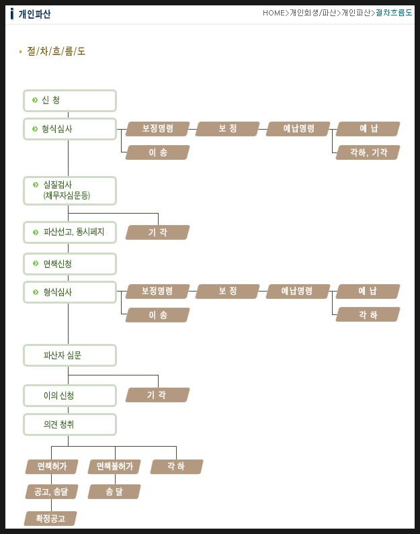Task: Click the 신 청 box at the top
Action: pyautogui.click(x=70, y=101)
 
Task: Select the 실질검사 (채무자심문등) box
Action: pyautogui.click(x=70, y=190)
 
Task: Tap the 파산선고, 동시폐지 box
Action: pyautogui.click(x=70, y=232)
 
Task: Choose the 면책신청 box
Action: pyautogui.click(x=70, y=264)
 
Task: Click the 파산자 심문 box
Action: pyautogui.click(x=70, y=355)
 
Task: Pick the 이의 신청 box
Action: pyautogui.click(x=70, y=396)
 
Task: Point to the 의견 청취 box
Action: pyautogui.click(x=70, y=425)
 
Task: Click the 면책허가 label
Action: pyautogui.click(x=52, y=466)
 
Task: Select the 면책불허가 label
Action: pyautogui.click(x=114, y=466)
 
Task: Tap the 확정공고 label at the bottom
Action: pyautogui.click(x=50, y=518)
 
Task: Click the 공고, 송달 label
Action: pyautogui.click(x=52, y=492)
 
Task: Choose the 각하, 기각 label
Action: pyautogui.click(x=368, y=152)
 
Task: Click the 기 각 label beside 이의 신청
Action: pyautogui.click(x=157, y=395)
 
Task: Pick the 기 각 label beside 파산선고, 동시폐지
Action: pyautogui.click(x=157, y=232)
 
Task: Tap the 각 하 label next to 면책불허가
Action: pyautogui.click(x=177, y=466)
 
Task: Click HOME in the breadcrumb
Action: pyautogui.click(x=274, y=13)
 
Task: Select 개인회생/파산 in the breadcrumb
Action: pyautogui.click(x=314, y=13)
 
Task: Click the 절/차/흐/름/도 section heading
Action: pyautogui.click(x=56, y=51)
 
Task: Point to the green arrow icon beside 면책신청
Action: pyautogui.click(x=35, y=264)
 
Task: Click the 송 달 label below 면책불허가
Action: pyautogui.click(x=114, y=492)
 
